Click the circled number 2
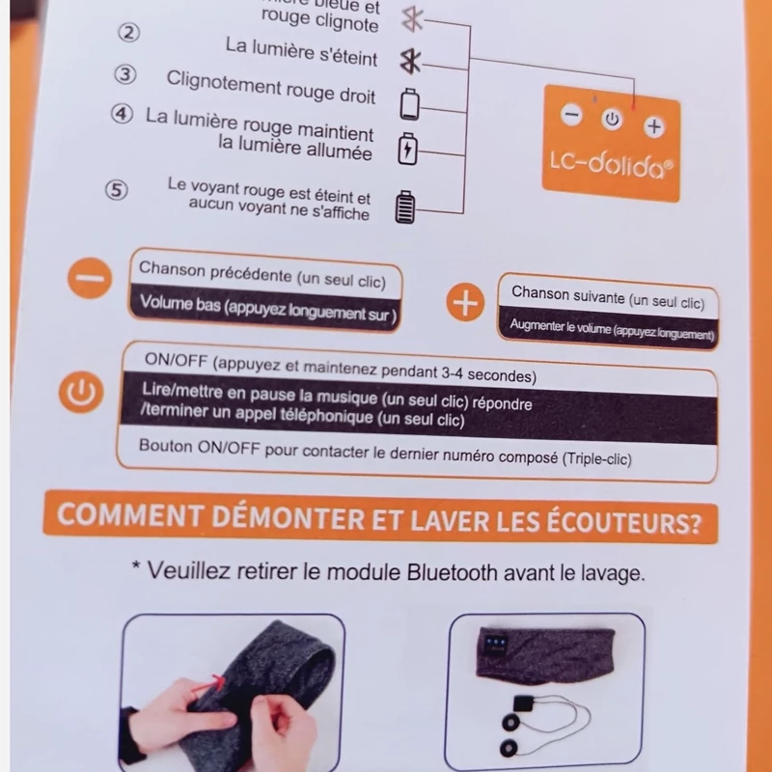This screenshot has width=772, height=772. pos(129,33)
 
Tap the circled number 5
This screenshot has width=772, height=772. pos(117,189)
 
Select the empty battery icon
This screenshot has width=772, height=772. pos(409,104)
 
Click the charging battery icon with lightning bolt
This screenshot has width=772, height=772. pos(407,149)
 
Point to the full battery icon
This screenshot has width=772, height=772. pos(405,207)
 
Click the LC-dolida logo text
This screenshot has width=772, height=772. pos(611,164)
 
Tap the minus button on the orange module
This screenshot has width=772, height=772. pos(571,115)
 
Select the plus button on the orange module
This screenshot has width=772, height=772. pos(654,127)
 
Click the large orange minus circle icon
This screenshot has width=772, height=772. pos(90,278)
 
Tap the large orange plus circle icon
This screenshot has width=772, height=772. pos(465,302)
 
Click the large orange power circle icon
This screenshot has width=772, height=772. pos(81,392)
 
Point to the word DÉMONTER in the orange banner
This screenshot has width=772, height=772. pos(289,517)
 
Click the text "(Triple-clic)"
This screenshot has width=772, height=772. pos(596,458)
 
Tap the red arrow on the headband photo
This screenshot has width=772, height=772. pos(209,686)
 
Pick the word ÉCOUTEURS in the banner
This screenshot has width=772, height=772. pos(623,522)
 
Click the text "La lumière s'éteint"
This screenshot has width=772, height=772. pos(301,52)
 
